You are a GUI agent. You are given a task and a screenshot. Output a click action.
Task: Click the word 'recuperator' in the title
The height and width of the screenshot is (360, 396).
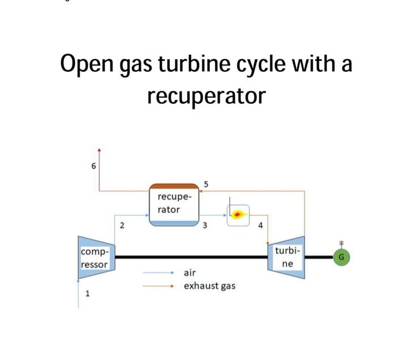tap(206, 96)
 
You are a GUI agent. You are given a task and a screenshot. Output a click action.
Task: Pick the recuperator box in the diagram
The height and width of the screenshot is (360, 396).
tap(174, 204)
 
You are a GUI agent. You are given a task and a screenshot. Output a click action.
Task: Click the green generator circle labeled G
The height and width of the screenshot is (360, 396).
tap(341, 257)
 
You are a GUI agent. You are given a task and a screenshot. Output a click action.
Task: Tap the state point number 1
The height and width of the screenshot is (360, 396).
tap(87, 293)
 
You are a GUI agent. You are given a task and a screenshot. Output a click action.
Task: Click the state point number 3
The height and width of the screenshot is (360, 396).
tap(205, 225)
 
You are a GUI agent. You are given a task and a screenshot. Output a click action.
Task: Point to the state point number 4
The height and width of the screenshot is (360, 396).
tap(260, 225)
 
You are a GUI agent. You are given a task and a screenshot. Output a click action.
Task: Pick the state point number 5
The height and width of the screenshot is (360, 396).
tap(206, 184)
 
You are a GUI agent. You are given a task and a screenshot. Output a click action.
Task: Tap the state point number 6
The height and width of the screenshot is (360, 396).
tap(94, 166)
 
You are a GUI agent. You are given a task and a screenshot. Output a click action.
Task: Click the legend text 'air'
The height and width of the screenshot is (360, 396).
tap(190, 272)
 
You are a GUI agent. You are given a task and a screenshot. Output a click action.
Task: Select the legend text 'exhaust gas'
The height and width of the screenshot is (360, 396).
tap(209, 286)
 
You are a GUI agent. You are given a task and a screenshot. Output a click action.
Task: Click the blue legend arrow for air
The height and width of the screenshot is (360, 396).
tap(161, 272)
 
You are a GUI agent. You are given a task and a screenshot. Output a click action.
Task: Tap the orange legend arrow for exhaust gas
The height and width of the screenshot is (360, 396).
tap(161, 286)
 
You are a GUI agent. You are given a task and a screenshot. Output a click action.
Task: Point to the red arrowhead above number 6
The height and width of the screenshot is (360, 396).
tap(100, 151)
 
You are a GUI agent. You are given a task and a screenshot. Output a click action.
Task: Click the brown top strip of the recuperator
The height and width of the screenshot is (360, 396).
tap(174, 186)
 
